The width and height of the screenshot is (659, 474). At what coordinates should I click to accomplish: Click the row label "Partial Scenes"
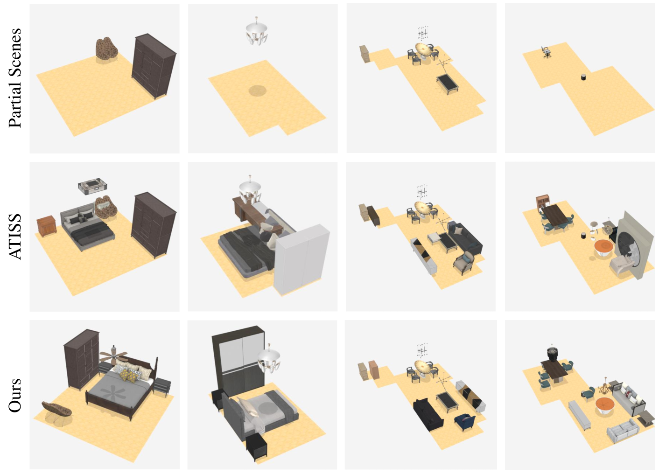(15, 77)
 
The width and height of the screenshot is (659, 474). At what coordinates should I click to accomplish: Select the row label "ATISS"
(15, 236)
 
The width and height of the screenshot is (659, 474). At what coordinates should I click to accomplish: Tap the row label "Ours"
(15, 395)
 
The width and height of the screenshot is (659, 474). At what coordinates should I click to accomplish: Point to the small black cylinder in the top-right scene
(583, 77)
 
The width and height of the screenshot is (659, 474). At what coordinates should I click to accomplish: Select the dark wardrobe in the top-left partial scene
(154, 66)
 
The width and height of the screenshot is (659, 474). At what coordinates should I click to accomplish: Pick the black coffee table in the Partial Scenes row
(448, 84)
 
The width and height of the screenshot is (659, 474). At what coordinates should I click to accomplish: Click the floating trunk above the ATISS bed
(92, 186)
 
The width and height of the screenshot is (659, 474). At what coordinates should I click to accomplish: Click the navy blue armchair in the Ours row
(465, 421)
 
